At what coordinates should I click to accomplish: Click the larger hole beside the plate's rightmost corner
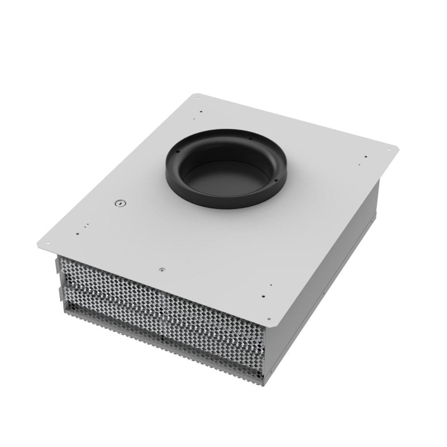[x=366, y=157]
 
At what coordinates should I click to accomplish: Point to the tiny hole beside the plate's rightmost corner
[x=360, y=165]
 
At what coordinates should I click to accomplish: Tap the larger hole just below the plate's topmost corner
[x=201, y=112]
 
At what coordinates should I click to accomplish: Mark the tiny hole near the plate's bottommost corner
[x=271, y=285]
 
